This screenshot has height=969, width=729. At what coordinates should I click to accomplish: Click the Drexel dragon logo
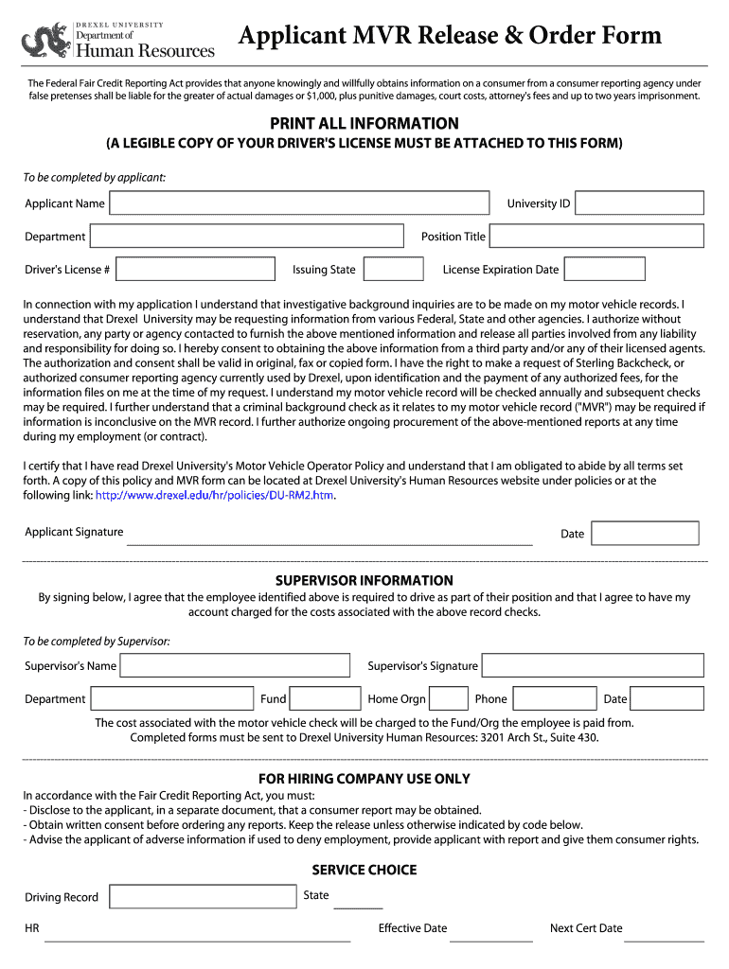[44, 41]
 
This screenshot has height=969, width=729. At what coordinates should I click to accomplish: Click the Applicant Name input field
[300, 203]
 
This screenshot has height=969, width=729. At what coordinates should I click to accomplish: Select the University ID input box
[639, 203]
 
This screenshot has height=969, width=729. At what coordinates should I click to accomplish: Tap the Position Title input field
[596, 237]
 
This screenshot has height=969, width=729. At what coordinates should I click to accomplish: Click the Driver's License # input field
[196, 270]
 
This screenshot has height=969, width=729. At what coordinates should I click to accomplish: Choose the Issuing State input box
[393, 270]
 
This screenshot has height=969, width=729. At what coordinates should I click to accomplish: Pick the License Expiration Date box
[604, 270]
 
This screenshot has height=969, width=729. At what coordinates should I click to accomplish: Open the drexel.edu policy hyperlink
[215, 495]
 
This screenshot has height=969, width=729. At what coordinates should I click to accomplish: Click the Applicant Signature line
[329, 540]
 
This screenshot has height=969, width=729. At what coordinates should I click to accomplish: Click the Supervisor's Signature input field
[592, 666]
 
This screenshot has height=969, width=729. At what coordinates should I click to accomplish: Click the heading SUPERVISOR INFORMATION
[364, 580]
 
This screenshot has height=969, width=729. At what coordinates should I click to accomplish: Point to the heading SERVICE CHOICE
[364, 870]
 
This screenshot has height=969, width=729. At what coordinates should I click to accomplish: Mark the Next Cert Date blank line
[666, 938]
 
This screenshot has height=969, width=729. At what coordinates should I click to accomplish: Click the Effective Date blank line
[490, 938]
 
